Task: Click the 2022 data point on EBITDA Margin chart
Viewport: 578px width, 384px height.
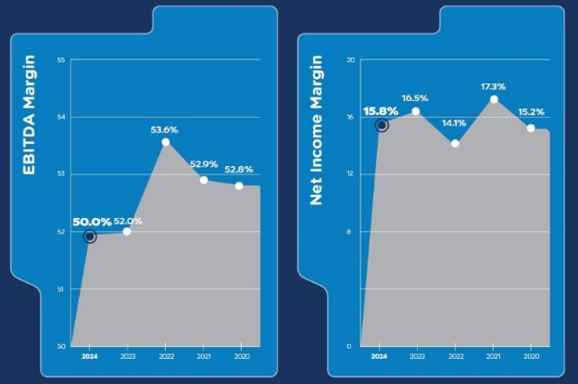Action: click(165, 142)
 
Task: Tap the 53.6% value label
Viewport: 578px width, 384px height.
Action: click(165, 130)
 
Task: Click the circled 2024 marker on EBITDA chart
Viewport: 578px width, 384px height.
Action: click(89, 237)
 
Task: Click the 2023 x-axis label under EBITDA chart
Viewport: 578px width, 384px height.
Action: click(127, 356)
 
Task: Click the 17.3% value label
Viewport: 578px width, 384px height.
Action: click(495, 86)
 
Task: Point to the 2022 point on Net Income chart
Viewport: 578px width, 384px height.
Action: click(455, 143)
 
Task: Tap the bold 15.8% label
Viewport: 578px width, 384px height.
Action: click(381, 111)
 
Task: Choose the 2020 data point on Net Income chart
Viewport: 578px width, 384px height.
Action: click(531, 127)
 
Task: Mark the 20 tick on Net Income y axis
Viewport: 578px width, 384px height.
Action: click(350, 60)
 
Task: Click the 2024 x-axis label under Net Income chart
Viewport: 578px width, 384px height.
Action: click(380, 356)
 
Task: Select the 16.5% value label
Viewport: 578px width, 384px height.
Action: click(416, 97)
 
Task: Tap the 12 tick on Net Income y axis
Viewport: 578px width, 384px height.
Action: click(350, 174)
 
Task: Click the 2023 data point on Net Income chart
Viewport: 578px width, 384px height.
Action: click(416, 111)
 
